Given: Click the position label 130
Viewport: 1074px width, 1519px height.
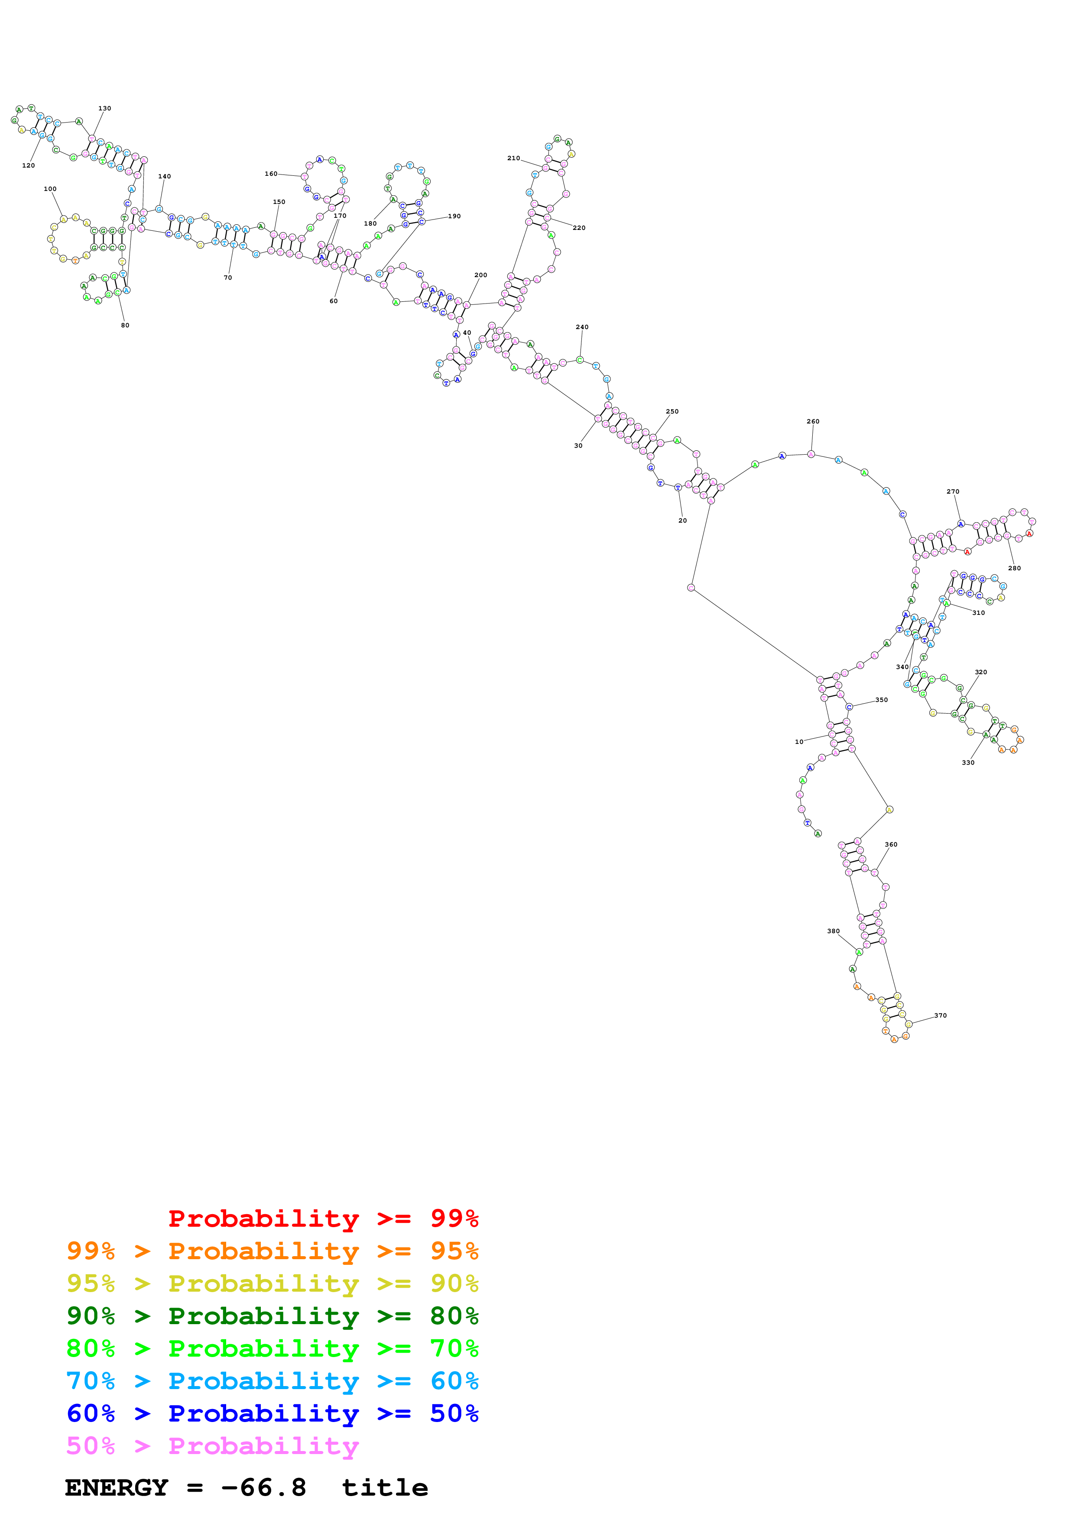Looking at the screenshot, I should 104,109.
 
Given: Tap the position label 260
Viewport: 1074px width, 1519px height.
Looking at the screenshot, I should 813,421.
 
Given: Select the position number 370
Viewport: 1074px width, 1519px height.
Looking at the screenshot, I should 940,1015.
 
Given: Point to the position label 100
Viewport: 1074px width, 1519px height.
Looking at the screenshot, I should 50,189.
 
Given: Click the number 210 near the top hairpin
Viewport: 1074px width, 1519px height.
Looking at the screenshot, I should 513,158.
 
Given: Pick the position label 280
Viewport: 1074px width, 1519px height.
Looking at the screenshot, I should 1015,568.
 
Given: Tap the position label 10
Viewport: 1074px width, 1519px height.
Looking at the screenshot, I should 799,742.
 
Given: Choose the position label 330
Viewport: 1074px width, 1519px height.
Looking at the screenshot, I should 968,763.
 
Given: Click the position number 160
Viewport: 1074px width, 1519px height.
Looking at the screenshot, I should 271,174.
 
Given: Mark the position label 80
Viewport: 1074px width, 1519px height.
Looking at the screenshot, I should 125,326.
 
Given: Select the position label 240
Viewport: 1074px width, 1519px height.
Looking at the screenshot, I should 582,327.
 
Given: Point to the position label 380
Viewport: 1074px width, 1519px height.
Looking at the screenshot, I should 833,931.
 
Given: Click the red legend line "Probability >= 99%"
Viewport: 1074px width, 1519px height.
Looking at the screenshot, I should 323,1218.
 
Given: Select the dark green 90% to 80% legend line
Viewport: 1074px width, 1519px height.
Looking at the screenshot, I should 272,1316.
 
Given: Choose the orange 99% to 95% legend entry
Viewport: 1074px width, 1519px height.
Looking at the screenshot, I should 272,1251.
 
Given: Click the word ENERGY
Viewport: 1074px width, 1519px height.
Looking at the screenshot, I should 117,1488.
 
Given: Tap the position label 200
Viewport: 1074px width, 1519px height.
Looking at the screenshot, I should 480,275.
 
